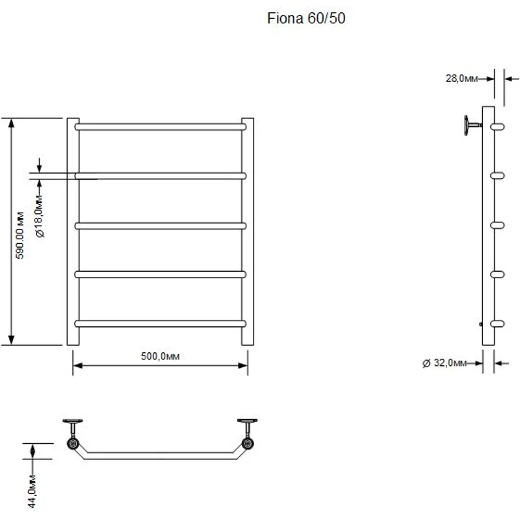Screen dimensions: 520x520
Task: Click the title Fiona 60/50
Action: [x=306, y=18]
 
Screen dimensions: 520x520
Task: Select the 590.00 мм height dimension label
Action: [x=20, y=235]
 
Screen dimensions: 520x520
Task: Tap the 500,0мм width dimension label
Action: [x=160, y=356]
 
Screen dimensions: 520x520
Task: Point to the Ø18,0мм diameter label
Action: [x=40, y=216]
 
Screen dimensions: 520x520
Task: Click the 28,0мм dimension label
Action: [x=461, y=78]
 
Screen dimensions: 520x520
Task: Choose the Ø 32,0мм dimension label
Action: [x=445, y=363]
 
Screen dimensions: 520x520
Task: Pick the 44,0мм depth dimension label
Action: [x=32, y=491]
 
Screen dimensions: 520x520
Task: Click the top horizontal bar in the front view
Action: [x=160, y=127]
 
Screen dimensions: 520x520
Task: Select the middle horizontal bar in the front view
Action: [x=160, y=226]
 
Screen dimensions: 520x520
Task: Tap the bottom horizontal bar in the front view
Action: [x=160, y=323]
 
